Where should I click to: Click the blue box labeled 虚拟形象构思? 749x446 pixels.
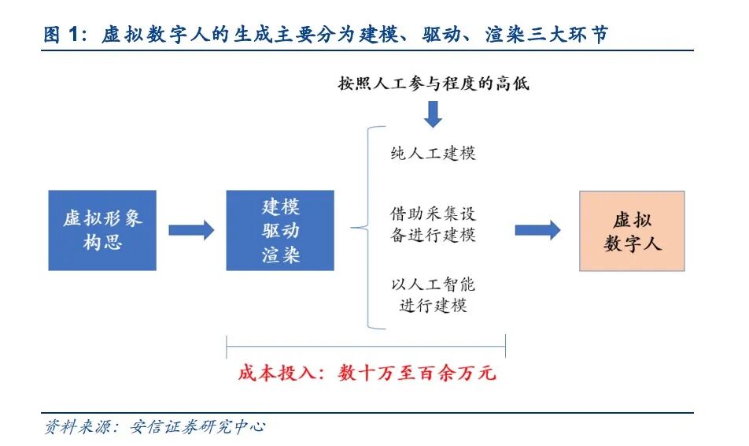pyautogui.click(x=102, y=230)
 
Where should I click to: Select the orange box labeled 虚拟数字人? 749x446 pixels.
pyautogui.click(x=632, y=231)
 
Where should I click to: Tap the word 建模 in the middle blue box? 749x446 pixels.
pyautogui.click(x=280, y=207)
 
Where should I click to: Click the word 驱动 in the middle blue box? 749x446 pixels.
pyautogui.click(x=280, y=232)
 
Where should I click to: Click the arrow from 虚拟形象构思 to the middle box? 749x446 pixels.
pyautogui.click(x=191, y=230)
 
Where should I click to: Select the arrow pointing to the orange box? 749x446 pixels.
pyautogui.click(x=537, y=230)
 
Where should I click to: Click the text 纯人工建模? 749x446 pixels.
pyautogui.click(x=433, y=153)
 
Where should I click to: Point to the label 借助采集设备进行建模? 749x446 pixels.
pyautogui.click(x=433, y=224)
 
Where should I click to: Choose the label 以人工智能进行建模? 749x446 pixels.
pyautogui.click(x=433, y=295)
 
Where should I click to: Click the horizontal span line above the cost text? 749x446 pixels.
pyautogui.click(x=366, y=344)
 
